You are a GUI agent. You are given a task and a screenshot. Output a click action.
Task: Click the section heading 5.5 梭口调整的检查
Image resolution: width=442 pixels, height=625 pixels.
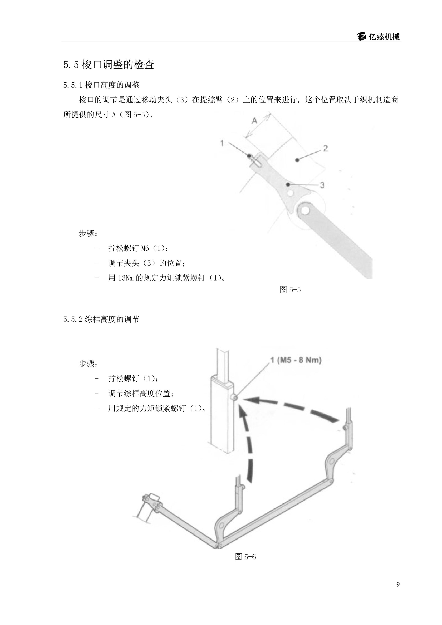coord(109,64)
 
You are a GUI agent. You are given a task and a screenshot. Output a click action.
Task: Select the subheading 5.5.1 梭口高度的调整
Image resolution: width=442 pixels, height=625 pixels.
coord(101,85)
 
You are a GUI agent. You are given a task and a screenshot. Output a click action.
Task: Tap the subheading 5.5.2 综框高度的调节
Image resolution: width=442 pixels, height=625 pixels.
coord(101,319)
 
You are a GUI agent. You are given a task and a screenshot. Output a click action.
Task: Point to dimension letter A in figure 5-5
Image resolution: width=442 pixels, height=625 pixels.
coord(254,121)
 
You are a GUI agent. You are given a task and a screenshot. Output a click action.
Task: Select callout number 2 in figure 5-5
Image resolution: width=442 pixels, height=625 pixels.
coord(325,149)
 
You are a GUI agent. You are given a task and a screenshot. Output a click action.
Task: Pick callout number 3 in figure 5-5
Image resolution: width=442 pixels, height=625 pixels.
coord(322,185)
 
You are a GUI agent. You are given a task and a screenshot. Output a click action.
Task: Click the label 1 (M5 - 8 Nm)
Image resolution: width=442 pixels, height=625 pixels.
coord(296,360)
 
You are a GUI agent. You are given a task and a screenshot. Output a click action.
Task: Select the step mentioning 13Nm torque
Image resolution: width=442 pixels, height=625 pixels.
coord(167,278)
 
